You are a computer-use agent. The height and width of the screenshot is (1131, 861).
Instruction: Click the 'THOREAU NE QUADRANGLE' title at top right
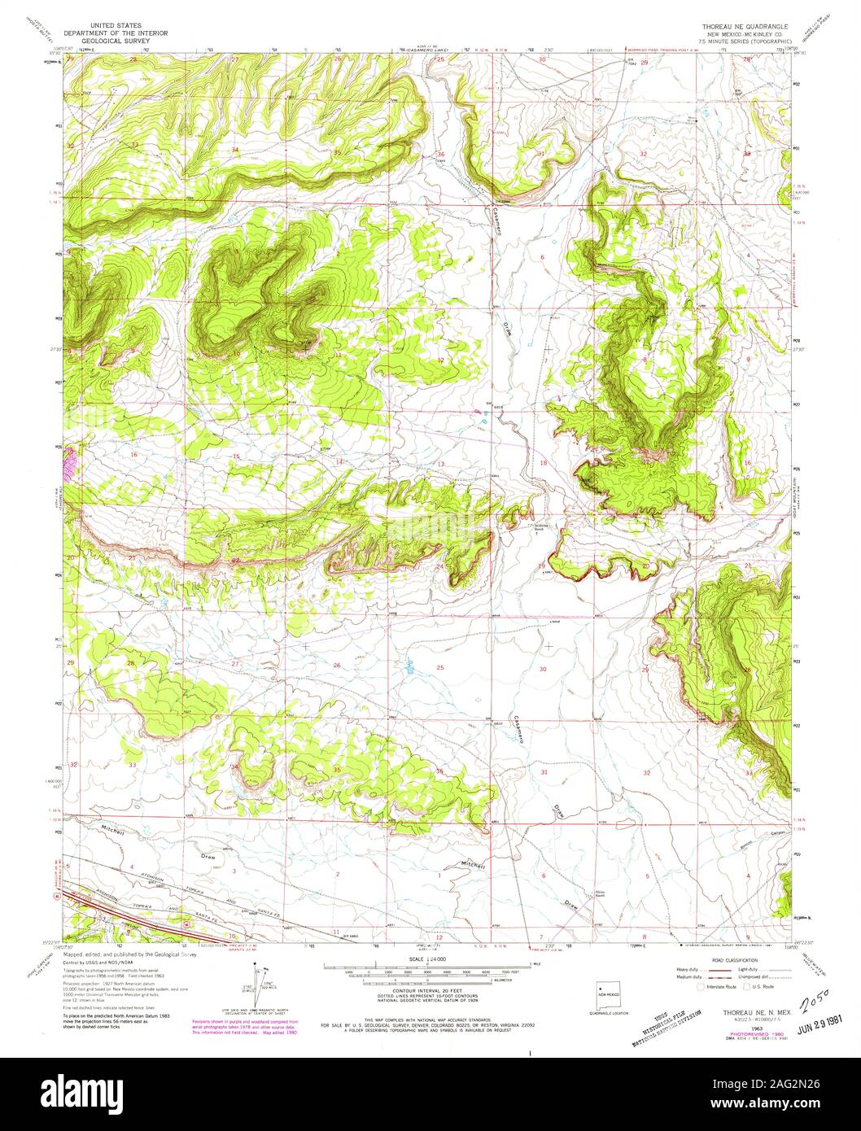[x=739, y=27]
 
